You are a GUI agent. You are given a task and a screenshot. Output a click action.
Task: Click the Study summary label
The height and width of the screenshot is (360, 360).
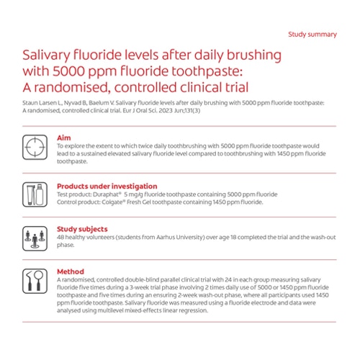click(x=312, y=34)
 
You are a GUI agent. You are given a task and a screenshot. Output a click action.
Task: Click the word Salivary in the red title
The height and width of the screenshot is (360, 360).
click(x=49, y=56)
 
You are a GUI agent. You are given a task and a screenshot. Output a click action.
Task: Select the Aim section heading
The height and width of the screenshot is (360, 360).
click(x=64, y=137)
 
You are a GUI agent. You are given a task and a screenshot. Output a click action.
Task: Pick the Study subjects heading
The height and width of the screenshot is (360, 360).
click(x=81, y=230)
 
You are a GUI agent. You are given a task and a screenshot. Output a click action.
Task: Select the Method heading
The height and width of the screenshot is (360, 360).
click(x=70, y=271)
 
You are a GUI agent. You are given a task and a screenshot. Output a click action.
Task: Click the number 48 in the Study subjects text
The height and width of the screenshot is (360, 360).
click(x=60, y=238)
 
